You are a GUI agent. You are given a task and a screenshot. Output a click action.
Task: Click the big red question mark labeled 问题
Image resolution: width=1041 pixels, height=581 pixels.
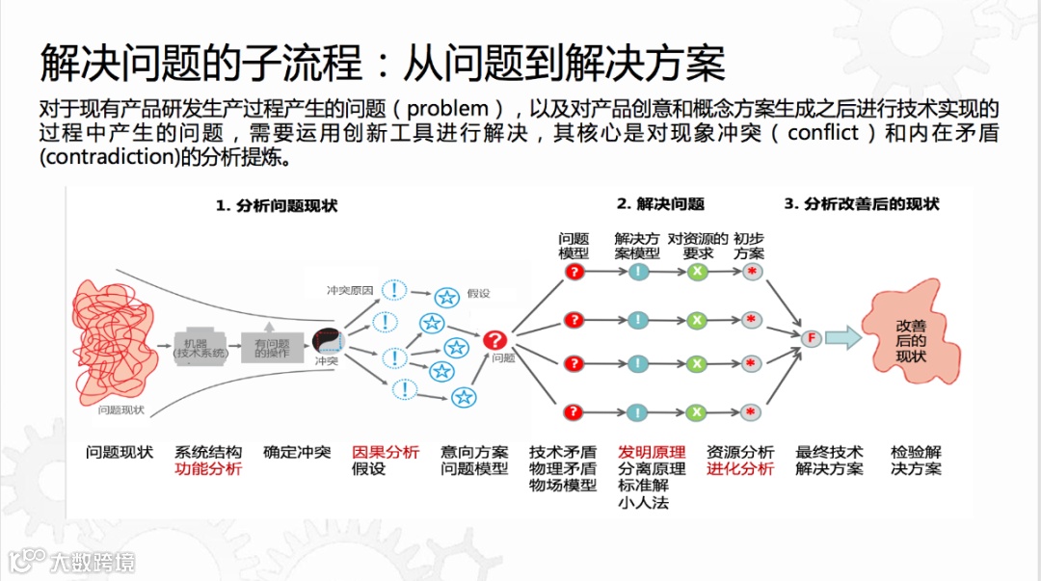coord(494,339)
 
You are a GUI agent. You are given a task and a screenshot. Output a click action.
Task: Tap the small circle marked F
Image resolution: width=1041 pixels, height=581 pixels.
coord(812,338)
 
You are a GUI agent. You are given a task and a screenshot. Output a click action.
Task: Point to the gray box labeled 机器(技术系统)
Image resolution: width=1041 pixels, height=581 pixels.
coord(200,346)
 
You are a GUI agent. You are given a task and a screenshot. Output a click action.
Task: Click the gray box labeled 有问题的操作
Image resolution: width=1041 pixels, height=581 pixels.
coord(272,347)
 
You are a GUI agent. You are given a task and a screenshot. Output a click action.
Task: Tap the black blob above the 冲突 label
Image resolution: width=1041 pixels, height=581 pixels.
coord(327,340)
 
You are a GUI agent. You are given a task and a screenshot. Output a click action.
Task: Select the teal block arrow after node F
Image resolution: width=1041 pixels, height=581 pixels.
coord(843,337)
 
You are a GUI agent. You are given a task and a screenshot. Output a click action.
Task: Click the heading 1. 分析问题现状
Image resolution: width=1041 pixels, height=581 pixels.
coord(276,205)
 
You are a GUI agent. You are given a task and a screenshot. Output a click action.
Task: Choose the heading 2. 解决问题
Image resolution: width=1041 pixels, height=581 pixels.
coord(660,203)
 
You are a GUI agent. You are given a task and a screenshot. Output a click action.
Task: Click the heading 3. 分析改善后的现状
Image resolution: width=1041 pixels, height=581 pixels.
coord(861,203)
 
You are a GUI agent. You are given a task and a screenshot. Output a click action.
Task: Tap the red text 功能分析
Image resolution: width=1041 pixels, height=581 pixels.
coord(207,469)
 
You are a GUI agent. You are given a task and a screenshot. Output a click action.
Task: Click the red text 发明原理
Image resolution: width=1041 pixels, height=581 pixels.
coord(652,452)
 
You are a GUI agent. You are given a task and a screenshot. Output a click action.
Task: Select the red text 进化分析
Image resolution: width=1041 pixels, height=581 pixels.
coord(739,469)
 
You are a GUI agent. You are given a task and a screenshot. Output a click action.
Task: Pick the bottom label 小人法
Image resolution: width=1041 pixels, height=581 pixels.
coord(643,502)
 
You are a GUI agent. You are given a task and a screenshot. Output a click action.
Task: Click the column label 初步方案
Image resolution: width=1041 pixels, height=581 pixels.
coord(749,246)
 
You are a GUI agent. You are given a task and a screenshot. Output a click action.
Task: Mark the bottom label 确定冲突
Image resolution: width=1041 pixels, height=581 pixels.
coord(297,452)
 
